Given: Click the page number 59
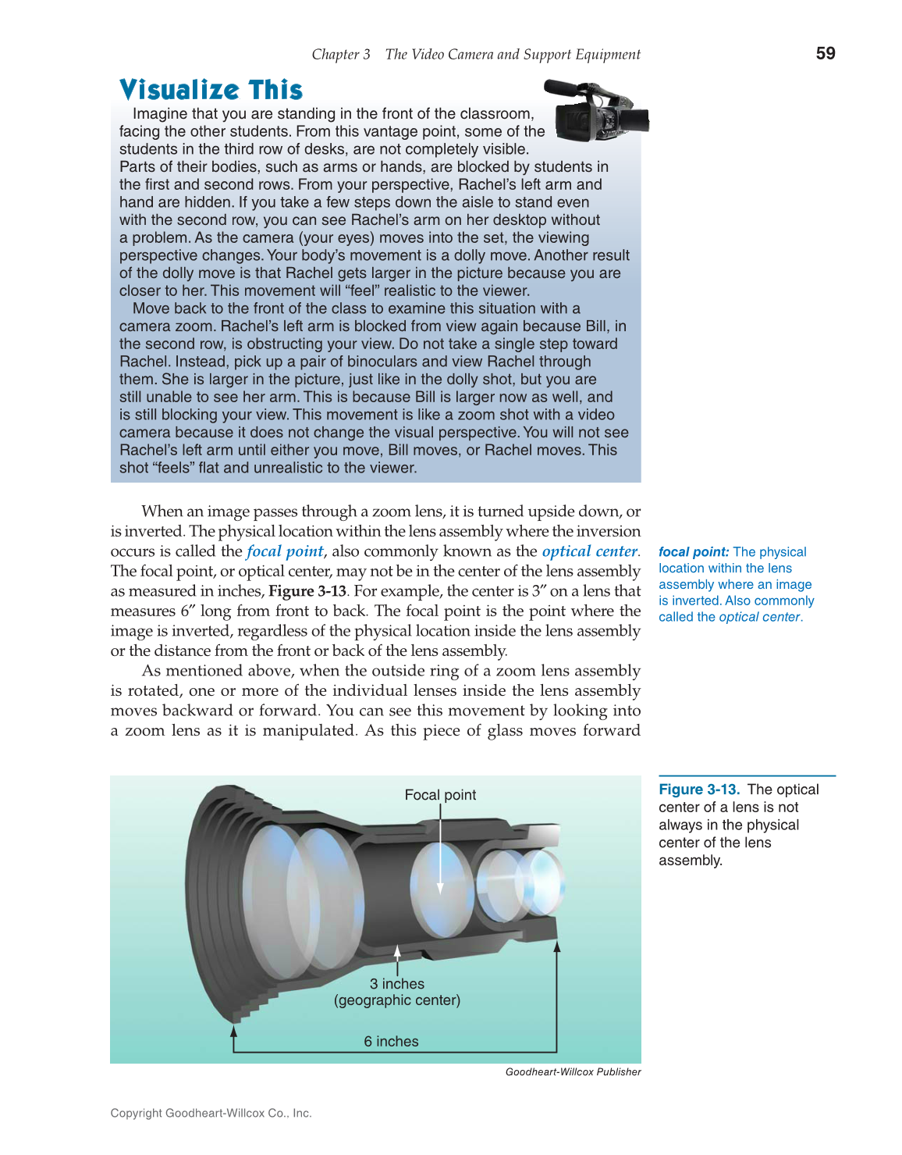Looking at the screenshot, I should (x=825, y=53).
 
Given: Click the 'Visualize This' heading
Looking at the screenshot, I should (x=211, y=90).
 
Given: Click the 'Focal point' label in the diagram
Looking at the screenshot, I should (x=440, y=795).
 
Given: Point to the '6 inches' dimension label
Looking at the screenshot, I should (x=391, y=1042).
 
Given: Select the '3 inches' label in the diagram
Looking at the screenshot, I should (x=397, y=984).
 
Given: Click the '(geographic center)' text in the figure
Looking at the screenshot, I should (x=397, y=1000).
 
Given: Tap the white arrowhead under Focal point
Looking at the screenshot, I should (x=440, y=888).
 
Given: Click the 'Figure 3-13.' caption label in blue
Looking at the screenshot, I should (x=699, y=790).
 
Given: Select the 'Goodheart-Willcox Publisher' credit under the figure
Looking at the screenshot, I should (x=573, y=1072).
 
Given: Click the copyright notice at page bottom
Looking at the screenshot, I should (x=211, y=1114).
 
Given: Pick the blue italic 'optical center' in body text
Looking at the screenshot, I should (x=589, y=551).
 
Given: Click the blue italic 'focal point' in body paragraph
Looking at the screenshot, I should (x=285, y=551).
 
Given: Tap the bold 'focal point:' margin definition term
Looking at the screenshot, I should (x=694, y=552).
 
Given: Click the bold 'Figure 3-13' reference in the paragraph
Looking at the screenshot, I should (x=307, y=591).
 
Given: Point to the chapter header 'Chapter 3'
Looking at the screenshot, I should (x=341, y=55).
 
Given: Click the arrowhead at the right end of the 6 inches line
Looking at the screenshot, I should (x=557, y=947).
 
